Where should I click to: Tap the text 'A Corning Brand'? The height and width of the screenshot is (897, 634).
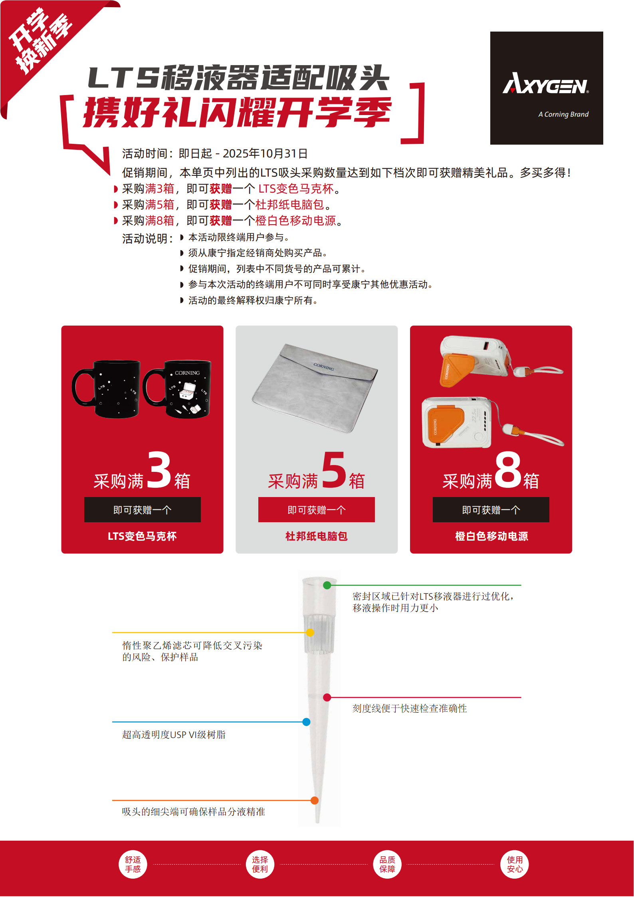tap(563, 114)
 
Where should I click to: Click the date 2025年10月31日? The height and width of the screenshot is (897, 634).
tap(265, 153)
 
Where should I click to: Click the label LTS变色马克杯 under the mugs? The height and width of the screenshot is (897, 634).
tap(142, 536)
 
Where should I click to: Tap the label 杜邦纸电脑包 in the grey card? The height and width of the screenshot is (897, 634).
tap(316, 536)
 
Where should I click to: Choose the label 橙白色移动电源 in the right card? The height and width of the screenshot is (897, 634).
tap(491, 536)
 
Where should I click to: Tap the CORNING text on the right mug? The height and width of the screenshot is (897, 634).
tap(187, 373)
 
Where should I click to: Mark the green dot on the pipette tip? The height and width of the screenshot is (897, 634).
tap(327, 585)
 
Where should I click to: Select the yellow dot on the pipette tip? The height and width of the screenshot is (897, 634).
tap(310, 632)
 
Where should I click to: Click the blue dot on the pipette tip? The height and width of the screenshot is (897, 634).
tap(306, 722)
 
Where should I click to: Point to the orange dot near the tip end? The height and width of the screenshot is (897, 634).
tap(314, 800)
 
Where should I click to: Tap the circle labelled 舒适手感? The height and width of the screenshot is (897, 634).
tap(133, 864)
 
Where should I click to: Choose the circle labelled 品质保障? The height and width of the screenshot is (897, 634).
tap(387, 864)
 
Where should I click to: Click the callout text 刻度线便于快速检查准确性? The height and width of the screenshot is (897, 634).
tap(409, 708)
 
